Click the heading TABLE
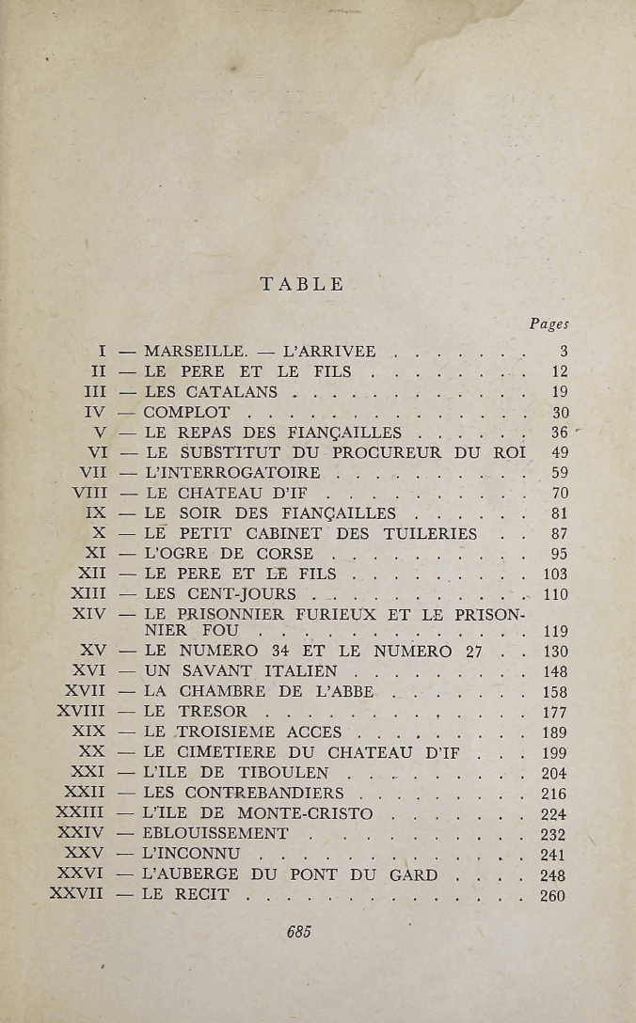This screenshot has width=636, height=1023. [x=301, y=284]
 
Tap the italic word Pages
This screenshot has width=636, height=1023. [x=549, y=323]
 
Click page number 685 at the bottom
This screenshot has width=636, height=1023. [x=298, y=932]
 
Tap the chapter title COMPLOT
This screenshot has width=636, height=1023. [x=185, y=413]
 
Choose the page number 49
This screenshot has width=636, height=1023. [x=558, y=453]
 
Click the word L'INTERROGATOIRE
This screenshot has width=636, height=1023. [x=231, y=473]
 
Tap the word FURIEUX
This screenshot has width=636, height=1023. [x=350, y=614]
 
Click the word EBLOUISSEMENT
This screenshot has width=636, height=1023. [x=215, y=834]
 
